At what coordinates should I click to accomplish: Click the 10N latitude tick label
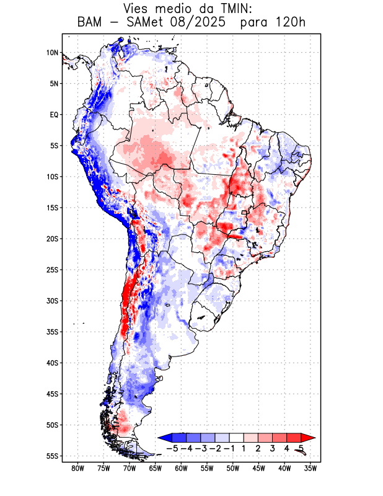click(x=52, y=53)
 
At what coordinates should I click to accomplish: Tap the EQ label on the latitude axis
click(x=53, y=115)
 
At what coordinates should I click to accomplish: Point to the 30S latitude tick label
click(x=52, y=301)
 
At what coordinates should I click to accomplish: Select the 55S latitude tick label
click(x=52, y=456)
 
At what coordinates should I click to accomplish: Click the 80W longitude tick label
click(x=77, y=468)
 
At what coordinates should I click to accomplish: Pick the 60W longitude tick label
click(x=181, y=468)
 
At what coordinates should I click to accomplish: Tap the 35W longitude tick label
click(x=311, y=468)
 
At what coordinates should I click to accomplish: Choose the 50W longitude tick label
click(x=233, y=468)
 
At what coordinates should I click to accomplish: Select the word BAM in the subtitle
click(x=92, y=23)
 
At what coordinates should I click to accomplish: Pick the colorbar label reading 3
click(x=273, y=448)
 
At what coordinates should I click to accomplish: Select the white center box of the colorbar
click(x=237, y=437)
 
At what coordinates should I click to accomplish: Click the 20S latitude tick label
click(x=52, y=239)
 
